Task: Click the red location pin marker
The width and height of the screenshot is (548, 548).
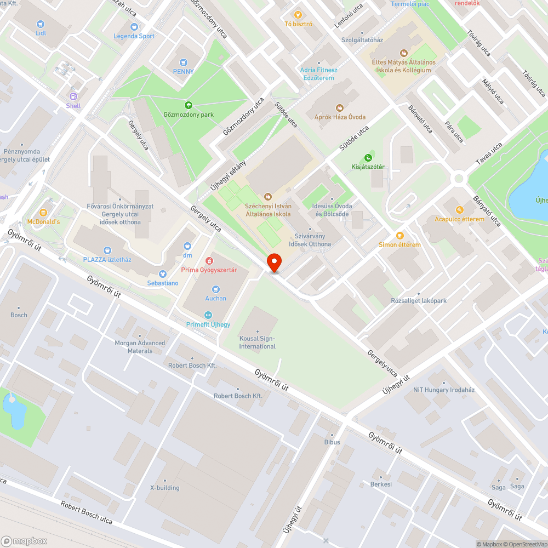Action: (273, 262)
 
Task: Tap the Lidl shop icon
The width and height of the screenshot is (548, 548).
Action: (40, 24)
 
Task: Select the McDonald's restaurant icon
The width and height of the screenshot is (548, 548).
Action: (43, 213)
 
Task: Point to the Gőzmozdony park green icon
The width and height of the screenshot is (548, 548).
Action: (188, 105)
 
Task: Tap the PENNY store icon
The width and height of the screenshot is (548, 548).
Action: (183, 62)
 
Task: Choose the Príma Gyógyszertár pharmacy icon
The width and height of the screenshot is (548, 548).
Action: (209, 261)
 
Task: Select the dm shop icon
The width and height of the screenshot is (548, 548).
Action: (187, 246)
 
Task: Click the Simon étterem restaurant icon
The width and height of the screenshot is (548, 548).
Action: (399, 235)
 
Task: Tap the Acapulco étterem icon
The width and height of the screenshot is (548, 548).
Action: (459, 210)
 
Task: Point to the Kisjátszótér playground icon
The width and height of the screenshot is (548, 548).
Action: (368, 157)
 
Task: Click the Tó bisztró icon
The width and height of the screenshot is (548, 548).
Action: (298, 15)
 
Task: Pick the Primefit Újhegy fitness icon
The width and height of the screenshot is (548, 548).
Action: (208, 315)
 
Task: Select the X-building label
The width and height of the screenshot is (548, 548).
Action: (164, 488)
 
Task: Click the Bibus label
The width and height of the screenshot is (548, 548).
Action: (332, 442)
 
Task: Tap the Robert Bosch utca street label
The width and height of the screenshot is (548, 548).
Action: (86, 513)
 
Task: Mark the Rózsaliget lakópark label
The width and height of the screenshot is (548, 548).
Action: (419, 300)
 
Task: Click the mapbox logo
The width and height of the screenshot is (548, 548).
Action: (25, 541)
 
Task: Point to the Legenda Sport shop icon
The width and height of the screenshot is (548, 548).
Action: (134, 26)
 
